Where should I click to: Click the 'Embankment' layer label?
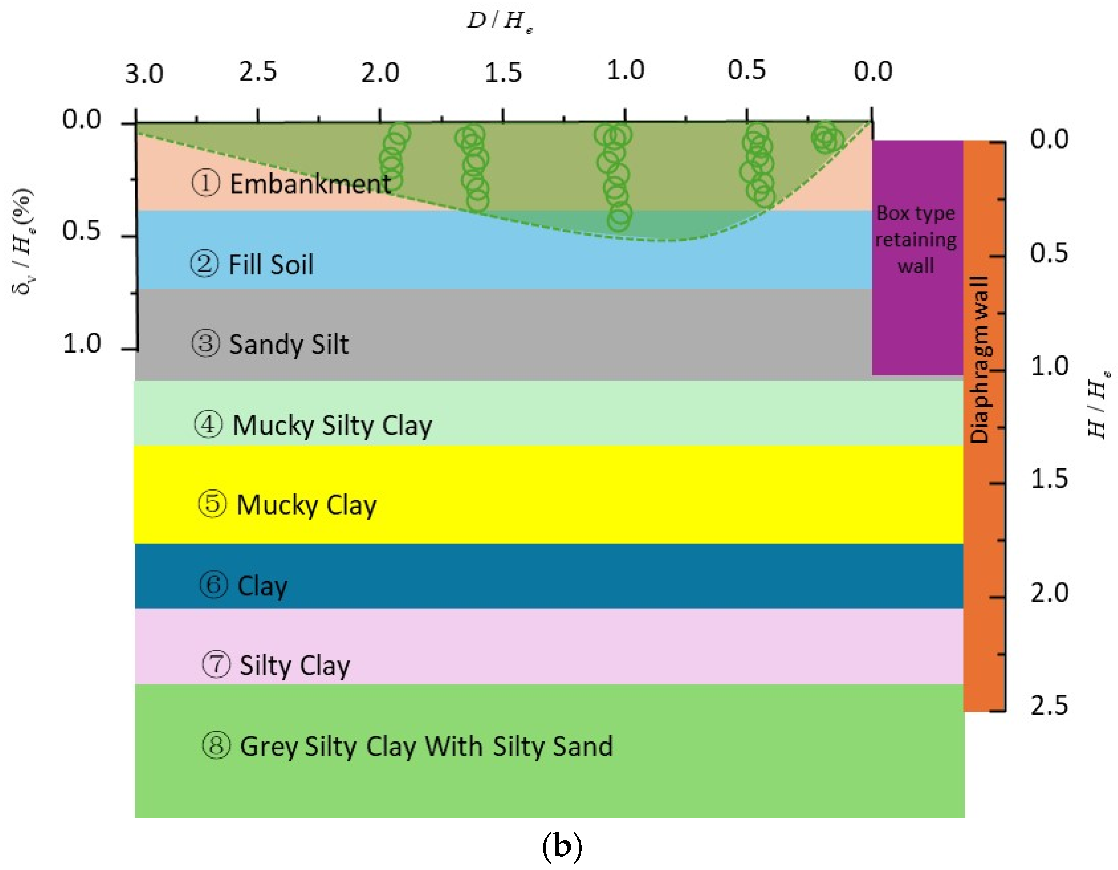(x=310, y=183)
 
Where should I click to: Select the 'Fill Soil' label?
(x=271, y=265)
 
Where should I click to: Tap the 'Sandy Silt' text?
(x=289, y=344)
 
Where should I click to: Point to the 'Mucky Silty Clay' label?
(x=332, y=425)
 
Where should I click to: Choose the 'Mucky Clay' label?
(x=306, y=505)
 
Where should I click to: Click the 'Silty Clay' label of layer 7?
(x=295, y=665)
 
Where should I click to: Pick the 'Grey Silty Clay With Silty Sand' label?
(x=426, y=746)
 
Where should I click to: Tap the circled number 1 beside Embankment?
(x=206, y=183)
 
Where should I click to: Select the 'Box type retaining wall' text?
(x=916, y=240)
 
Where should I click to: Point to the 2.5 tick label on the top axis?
(x=258, y=71)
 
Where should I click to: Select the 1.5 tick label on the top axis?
(x=503, y=73)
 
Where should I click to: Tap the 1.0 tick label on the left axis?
(x=82, y=343)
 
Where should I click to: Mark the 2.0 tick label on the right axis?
(x=1049, y=593)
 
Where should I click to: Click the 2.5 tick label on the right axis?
(x=1049, y=705)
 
